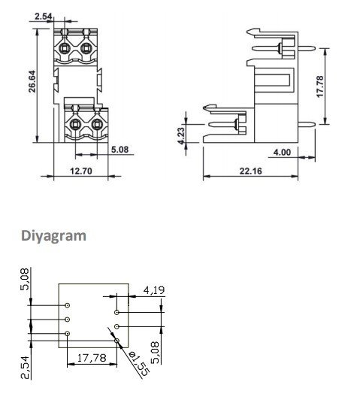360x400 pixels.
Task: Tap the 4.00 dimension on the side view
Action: point(282,153)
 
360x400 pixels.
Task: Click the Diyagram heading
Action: point(53,235)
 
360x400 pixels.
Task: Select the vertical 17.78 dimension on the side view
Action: point(320,86)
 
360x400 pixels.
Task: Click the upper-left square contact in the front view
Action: point(65,50)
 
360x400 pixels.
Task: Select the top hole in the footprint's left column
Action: point(68,306)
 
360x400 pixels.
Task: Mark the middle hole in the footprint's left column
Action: point(68,320)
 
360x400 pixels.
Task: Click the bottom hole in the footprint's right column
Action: point(117,340)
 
